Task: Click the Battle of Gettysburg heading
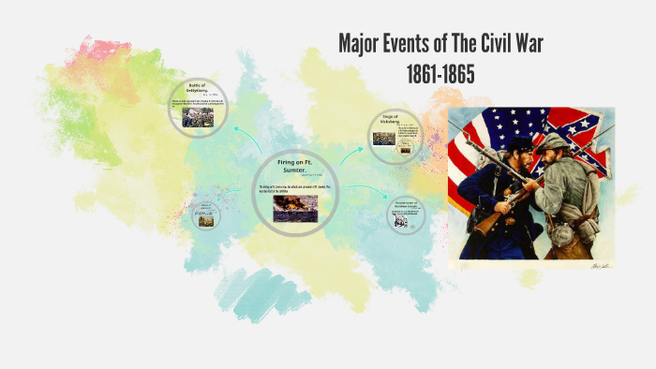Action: (x=196, y=92)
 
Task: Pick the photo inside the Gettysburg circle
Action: (x=198, y=117)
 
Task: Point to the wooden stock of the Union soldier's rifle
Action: (x=486, y=222)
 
